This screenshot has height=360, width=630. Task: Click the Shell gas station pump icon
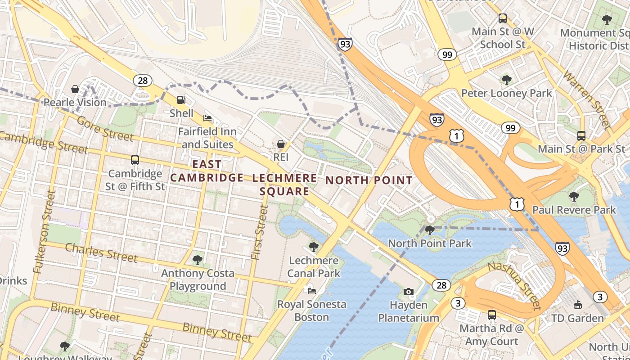181,100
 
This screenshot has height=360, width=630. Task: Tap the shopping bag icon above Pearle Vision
75,89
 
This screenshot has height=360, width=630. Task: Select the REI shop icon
281,144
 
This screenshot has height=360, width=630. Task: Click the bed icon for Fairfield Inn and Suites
207,118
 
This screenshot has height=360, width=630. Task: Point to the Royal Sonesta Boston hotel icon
311,291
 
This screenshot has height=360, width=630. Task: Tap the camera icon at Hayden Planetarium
409,292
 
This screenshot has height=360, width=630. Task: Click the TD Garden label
577,318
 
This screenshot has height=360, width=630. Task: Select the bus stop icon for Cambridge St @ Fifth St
135,160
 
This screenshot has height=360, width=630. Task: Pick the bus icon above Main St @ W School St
503,18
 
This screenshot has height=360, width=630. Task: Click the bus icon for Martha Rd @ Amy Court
492,315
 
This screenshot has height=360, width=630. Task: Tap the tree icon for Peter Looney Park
507,80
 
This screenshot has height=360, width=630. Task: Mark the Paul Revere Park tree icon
574,197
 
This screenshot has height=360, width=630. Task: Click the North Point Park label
430,243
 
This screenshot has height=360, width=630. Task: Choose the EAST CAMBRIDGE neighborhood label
207,171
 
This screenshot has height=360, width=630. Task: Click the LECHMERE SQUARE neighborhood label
284,184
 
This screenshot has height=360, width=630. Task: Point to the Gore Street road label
104,128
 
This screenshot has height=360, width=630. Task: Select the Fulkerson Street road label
44,232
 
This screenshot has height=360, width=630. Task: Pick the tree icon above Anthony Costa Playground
197,260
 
